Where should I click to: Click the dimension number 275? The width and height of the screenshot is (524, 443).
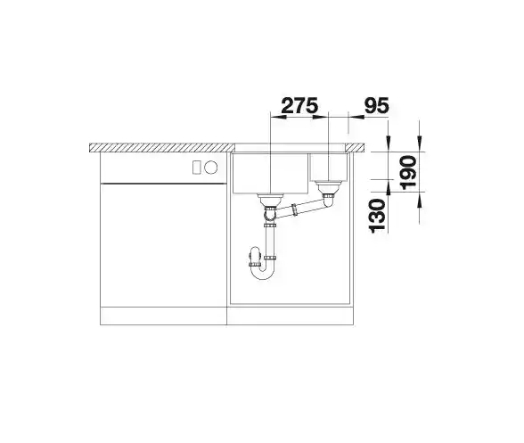point(299,106)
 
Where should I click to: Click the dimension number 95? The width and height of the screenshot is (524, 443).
point(377,106)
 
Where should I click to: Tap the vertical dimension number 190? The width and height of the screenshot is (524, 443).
point(408,173)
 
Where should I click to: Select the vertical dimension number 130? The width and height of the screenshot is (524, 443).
point(377,216)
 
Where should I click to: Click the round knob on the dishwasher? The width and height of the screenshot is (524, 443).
point(211,168)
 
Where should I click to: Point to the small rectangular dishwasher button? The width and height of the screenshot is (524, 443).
point(197,168)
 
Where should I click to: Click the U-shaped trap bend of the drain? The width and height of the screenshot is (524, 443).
point(261,273)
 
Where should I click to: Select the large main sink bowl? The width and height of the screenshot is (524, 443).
point(270,173)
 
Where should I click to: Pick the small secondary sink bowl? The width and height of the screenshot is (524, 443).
point(329,168)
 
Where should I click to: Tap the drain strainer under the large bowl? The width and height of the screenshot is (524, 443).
point(270,200)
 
